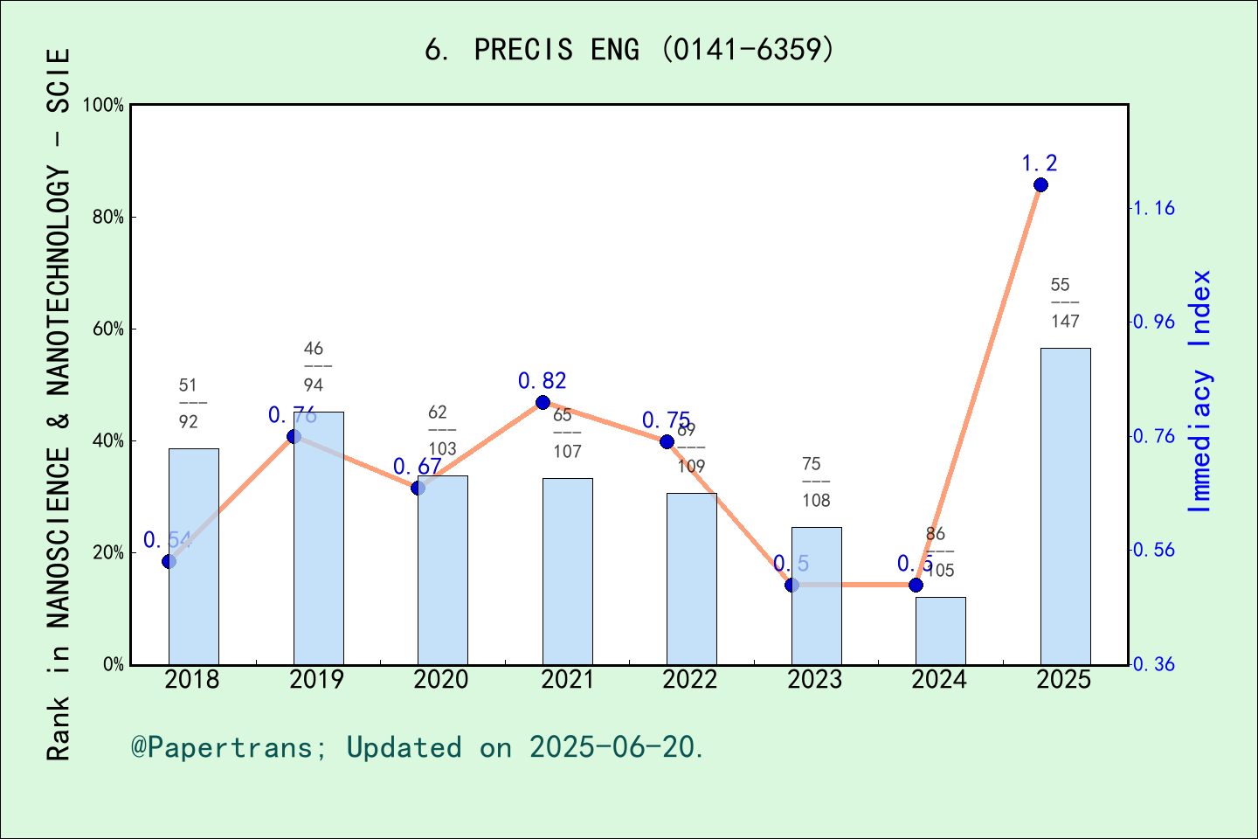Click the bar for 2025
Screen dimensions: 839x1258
[x=1065, y=506]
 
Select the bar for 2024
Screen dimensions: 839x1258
[x=941, y=631]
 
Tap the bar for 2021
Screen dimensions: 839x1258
[x=567, y=572]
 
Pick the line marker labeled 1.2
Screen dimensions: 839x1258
[x=1040, y=185]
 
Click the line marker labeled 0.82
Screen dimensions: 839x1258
[x=543, y=403]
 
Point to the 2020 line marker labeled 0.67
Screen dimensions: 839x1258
[x=418, y=488]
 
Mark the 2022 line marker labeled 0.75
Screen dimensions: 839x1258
[x=667, y=442]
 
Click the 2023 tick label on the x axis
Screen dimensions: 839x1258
[x=815, y=680]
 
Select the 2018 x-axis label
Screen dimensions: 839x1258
[x=192, y=680]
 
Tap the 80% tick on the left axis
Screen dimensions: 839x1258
[x=108, y=218]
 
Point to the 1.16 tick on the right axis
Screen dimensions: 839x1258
[x=1154, y=209]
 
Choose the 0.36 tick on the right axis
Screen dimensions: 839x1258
[x=1154, y=665]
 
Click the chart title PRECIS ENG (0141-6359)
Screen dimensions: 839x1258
[x=629, y=50]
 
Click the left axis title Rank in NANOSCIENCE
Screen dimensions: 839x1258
[x=58, y=404]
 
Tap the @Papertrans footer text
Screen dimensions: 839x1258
[x=418, y=747]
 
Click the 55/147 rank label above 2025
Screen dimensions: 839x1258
[x=1065, y=303]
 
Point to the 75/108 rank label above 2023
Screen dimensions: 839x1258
[x=816, y=482]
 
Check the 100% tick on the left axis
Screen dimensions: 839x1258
[x=105, y=106]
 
